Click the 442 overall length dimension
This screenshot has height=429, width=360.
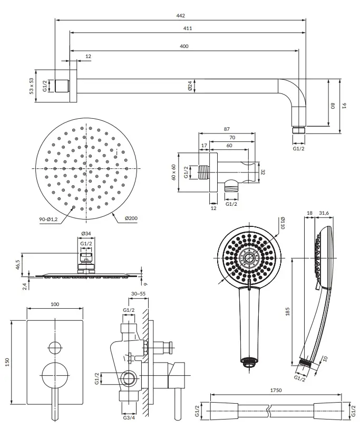180,16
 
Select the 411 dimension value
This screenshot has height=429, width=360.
188,28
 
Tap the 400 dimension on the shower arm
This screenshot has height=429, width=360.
184,46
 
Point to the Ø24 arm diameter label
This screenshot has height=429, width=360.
190,86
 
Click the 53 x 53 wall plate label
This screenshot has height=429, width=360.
32,86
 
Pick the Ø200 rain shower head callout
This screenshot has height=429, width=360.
131,218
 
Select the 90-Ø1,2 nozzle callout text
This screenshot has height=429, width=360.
48,219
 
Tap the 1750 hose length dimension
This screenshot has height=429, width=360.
276,390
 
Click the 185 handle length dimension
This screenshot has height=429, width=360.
287,312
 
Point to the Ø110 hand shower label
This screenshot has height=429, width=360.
283,223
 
